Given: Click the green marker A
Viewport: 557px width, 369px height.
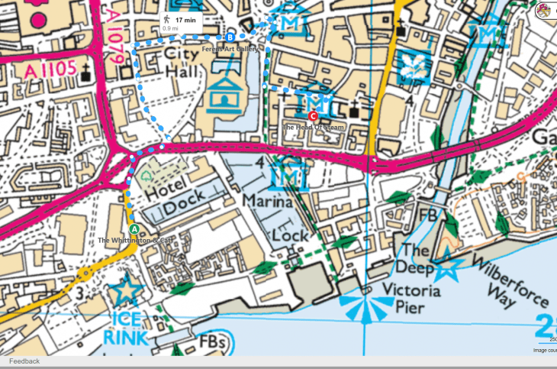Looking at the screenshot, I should pos(134,228).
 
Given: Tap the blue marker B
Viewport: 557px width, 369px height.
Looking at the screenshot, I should pos(230,37).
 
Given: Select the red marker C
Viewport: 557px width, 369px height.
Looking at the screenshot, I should pos(313,115).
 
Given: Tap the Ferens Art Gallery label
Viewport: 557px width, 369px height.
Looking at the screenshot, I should pos(230,48).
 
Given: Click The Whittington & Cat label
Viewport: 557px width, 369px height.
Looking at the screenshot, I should pos(135,241).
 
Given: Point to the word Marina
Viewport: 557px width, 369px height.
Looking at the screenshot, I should pos(268,202).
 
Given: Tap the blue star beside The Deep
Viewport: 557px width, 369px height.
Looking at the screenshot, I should pos(448,268).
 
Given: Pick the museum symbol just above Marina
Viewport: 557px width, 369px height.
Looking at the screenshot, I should pos(288,175).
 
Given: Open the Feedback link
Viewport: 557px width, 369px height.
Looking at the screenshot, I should pos(24,361).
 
